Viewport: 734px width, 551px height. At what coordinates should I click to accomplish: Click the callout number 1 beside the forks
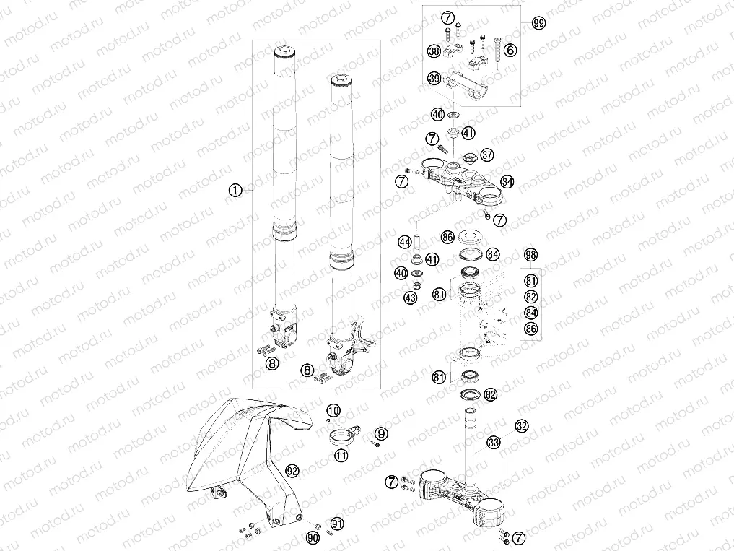click(x=235, y=190)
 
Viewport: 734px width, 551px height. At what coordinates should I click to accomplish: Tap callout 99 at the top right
click(x=539, y=23)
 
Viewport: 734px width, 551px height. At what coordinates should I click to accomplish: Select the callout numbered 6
click(x=510, y=50)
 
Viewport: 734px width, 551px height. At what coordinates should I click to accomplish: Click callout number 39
click(x=434, y=78)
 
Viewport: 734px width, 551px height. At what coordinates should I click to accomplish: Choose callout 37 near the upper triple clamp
click(x=487, y=154)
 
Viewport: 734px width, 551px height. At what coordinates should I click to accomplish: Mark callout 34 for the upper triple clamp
click(x=507, y=181)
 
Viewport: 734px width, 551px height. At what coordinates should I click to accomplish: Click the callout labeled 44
click(x=405, y=242)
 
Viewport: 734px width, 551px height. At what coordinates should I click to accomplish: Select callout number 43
click(x=411, y=298)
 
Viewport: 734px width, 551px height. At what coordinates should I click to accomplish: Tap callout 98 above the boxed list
click(x=530, y=254)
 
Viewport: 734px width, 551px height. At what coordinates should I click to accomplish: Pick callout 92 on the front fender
click(x=292, y=471)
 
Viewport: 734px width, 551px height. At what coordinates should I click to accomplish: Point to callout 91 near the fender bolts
click(x=337, y=524)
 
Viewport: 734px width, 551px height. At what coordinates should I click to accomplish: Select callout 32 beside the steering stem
click(x=522, y=426)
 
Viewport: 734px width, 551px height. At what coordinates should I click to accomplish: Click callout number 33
click(x=494, y=442)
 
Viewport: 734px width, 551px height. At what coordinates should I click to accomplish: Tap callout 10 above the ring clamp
click(x=333, y=411)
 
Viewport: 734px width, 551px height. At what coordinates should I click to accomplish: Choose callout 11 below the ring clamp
click(x=341, y=454)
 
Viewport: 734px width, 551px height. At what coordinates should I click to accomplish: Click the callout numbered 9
click(x=381, y=434)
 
